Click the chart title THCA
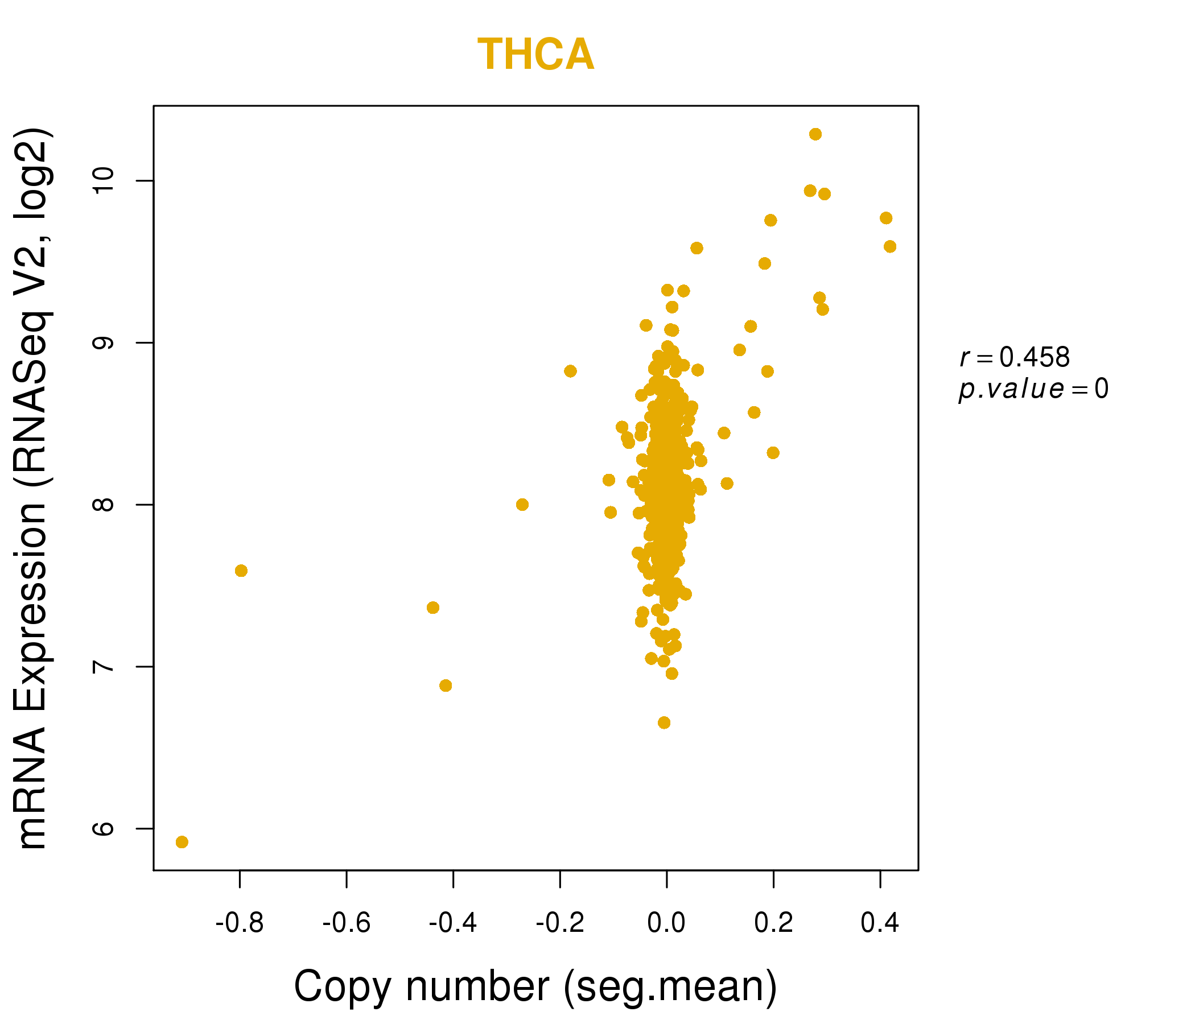click(x=535, y=55)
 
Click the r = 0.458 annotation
click(x=1015, y=357)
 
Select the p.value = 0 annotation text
click(x=1033, y=389)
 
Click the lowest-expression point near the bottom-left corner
click(x=182, y=843)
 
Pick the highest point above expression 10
click(x=815, y=134)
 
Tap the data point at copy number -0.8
click(x=241, y=571)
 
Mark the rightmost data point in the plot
click(x=890, y=247)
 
